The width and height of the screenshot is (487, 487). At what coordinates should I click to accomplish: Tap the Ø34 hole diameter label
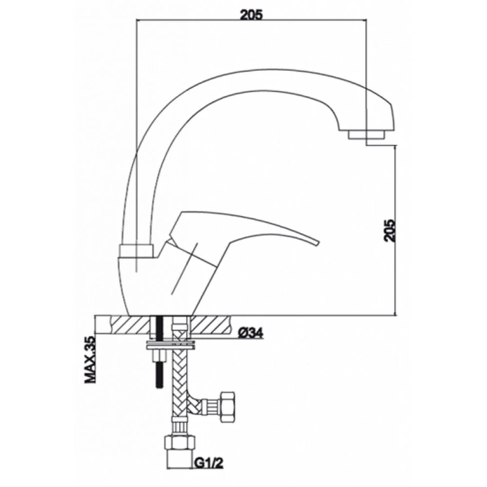pyautogui.click(x=251, y=333)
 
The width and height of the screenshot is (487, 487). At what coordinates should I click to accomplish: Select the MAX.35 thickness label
pyautogui.click(x=90, y=360)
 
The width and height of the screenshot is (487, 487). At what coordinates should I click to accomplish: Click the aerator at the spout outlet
pyautogui.click(x=367, y=135)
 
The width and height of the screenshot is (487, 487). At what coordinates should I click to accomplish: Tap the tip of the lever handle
pyautogui.click(x=318, y=242)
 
